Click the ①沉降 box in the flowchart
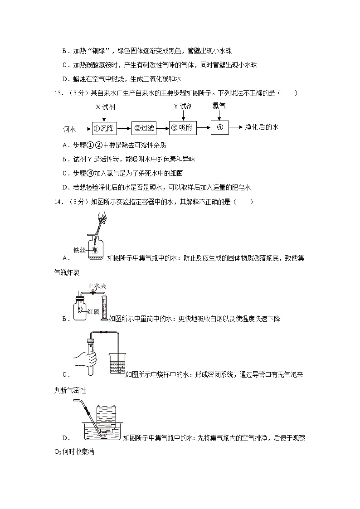coord(104,128)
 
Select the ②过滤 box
coord(144,128)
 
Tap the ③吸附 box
coord(183,128)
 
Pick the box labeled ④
coord(220,128)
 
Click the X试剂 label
coord(104,107)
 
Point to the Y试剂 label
coord(183,107)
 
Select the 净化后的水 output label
coord(261,127)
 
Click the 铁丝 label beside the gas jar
coord(79,250)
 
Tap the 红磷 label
coord(93,311)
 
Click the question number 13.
coord(57,93)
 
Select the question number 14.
coord(57,202)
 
